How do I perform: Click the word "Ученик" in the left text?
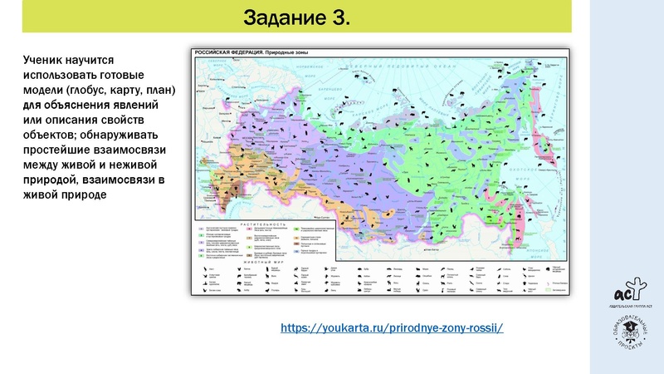(x=45, y=61)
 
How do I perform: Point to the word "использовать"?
(x=62, y=75)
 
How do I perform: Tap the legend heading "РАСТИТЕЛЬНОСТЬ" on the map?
(x=264, y=224)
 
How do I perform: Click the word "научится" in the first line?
(x=95, y=61)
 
